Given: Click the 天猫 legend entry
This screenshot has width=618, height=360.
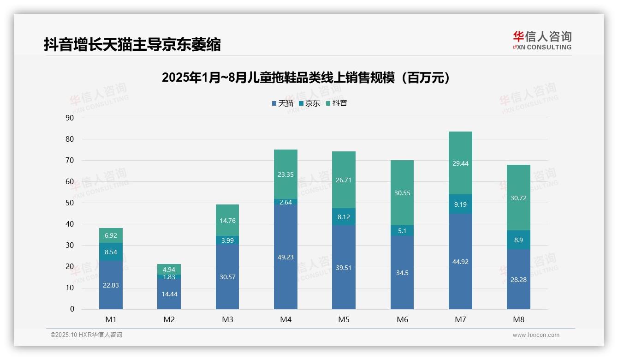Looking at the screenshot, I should [283, 103].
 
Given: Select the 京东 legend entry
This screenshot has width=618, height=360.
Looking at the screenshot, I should [309, 103].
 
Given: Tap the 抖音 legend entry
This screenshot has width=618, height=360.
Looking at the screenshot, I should [337, 103].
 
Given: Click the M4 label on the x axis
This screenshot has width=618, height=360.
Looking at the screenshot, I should [285, 319].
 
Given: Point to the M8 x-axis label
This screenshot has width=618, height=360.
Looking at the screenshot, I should [518, 319].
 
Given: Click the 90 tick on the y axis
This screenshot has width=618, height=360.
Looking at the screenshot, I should [70, 118].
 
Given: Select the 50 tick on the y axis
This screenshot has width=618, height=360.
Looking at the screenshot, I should [70, 203].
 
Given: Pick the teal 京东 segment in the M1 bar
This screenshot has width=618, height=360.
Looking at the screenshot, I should [111, 252].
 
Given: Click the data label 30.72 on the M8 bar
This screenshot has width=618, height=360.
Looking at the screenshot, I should [518, 198].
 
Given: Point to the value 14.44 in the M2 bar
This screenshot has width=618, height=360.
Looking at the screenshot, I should [169, 294].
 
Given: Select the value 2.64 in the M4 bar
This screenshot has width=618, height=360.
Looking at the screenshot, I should [285, 202].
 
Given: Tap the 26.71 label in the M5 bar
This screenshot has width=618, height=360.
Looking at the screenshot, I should [344, 180].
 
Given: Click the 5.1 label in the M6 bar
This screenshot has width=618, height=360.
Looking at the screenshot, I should [402, 231].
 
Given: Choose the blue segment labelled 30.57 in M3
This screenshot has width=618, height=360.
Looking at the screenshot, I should [227, 277].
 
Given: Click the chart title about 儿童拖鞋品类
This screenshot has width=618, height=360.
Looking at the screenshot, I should [306, 78].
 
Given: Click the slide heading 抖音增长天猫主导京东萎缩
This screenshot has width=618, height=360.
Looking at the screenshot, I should [132, 45].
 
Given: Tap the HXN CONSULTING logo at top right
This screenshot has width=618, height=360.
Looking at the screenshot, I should [542, 41].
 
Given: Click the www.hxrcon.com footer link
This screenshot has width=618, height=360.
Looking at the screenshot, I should [536, 335].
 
